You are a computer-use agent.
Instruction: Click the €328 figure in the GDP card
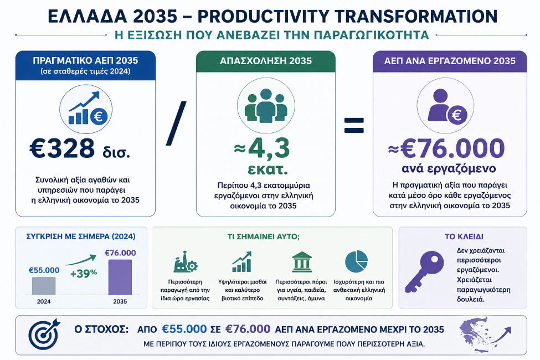click(x=62, y=148)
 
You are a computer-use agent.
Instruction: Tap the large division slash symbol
click(x=176, y=123)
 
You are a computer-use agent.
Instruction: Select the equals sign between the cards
click(x=354, y=125)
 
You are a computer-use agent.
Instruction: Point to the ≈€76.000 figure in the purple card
click(x=446, y=148)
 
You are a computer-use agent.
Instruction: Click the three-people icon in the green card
click(x=266, y=106)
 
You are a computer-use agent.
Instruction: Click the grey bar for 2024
click(x=44, y=286)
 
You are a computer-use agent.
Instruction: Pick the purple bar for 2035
click(x=120, y=277)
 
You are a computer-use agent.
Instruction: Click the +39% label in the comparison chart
click(x=84, y=274)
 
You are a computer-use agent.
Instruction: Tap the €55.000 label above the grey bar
click(x=44, y=270)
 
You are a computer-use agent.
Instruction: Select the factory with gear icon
click(x=186, y=262)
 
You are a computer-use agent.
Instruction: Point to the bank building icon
click(x=302, y=262)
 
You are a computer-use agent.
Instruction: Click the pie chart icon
click(x=357, y=261)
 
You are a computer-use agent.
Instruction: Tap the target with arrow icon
click(x=44, y=333)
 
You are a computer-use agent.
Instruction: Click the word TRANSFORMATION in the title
click(x=416, y=16)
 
